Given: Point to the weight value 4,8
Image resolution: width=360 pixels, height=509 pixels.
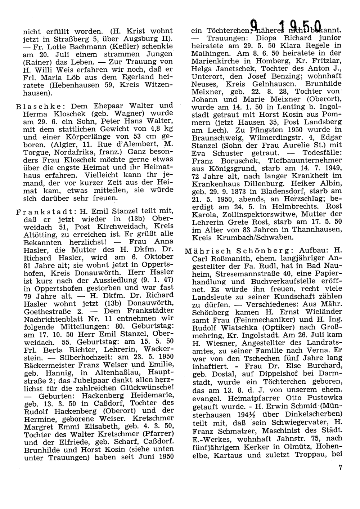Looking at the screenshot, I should click(147, 129).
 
